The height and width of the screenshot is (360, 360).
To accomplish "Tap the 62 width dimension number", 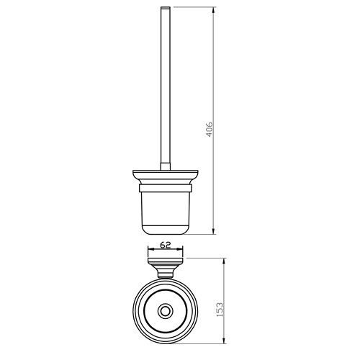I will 166,244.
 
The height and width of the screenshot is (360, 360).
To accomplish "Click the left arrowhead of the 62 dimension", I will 150,251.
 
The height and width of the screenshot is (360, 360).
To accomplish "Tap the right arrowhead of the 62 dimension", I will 183,251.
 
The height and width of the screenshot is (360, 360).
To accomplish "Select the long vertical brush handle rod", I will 166,86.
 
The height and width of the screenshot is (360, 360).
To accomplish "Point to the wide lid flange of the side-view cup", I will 166,177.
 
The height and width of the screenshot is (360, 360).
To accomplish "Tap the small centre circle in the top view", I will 166,312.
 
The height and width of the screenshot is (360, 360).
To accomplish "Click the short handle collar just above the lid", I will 166,167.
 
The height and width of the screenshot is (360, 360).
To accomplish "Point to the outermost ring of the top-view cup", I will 133,312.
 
